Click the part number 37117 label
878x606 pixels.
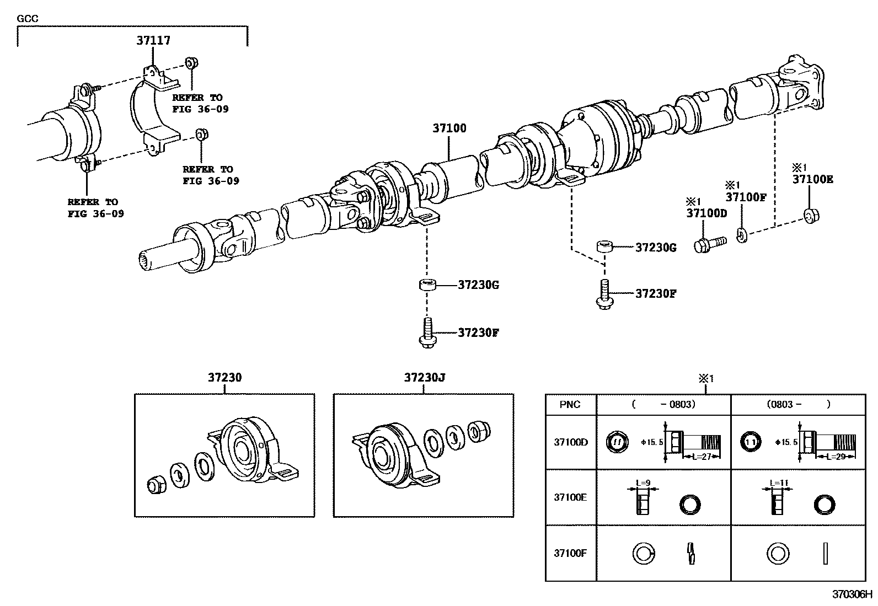click(153, 40)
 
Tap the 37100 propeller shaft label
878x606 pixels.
click(449, 128)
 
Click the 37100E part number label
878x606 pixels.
click(812, 179)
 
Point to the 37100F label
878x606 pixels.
click(746, 197)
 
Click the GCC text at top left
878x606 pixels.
click(28, 18)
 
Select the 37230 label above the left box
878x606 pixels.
click(224, 378)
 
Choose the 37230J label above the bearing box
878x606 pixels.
click(424, 378)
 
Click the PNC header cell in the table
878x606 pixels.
click(570, 405)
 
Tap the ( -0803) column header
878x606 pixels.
click(663, 404)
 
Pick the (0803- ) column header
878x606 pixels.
click(797, 404)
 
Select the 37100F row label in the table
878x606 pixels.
click(570, 553)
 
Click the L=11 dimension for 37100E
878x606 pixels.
click(778, 483)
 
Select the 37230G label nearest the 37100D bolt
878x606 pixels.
click(655, 248)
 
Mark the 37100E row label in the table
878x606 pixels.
click(570, 497)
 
